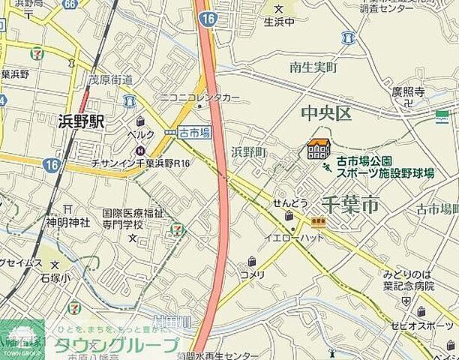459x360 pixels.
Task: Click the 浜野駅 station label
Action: pos(81,121)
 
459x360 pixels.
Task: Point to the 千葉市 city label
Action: pos(349,204)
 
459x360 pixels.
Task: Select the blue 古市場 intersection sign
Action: pos(194,132)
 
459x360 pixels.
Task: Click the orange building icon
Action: pos(319,150)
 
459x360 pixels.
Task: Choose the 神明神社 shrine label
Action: pos(67,222)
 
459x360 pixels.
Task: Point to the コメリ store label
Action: pos(252,274)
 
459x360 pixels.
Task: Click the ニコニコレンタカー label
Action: pos(199,98)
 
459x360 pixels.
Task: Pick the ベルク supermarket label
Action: pos(140,134)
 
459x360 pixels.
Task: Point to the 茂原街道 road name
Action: pos(110,79)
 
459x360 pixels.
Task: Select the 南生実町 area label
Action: pos(313,67)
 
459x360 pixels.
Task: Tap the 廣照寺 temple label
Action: pos(408,91)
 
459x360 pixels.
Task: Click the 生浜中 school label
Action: pos(279,22)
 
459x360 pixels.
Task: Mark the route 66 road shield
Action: pos(70,4)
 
